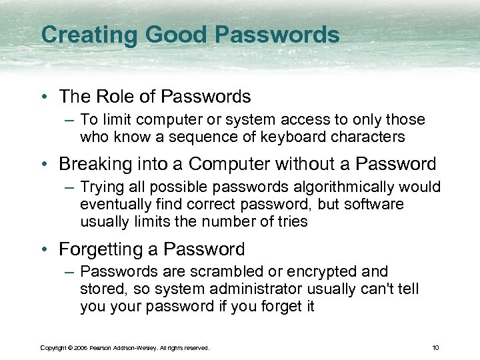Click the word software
point(372,204)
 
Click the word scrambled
point(213,272)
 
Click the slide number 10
point(435,348)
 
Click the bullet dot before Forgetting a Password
point(44,249)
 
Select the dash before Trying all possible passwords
point(69,187)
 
